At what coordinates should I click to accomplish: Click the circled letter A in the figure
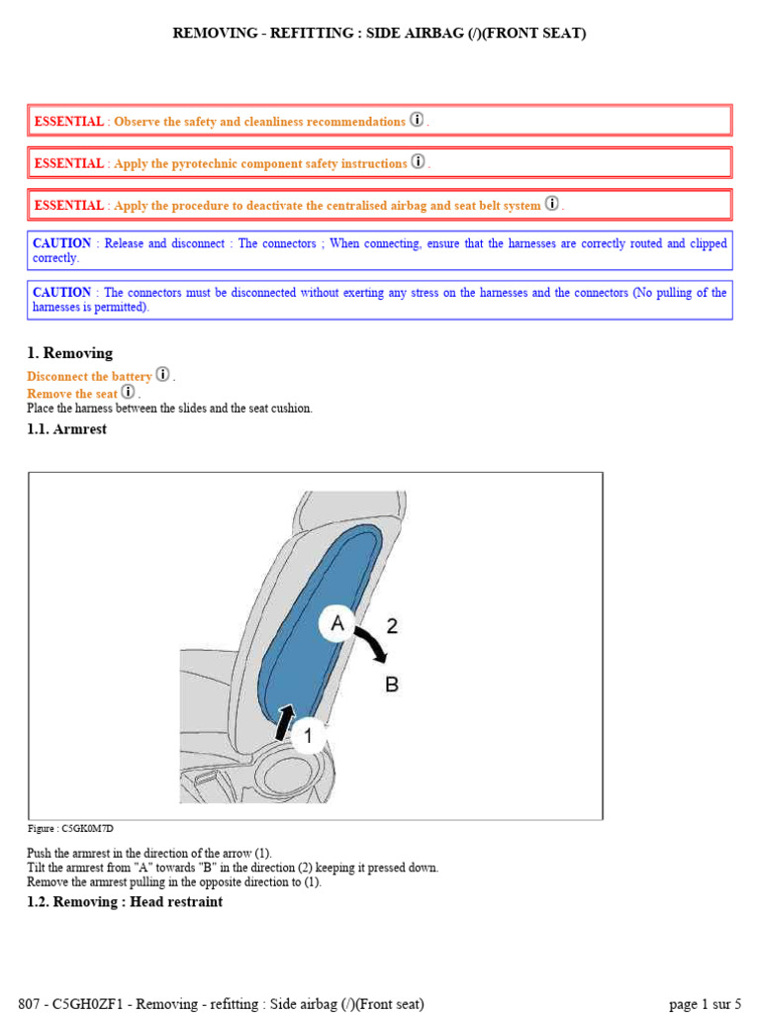(336, 623)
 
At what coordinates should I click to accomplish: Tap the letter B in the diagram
(392, 685)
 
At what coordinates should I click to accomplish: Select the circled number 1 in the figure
(308, 735)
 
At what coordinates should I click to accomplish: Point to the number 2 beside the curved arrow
(392, 625)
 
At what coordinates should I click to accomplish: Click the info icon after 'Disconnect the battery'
(162, 375)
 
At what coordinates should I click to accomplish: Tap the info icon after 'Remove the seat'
(128, 392)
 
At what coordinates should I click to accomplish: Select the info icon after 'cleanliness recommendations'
(417, 120)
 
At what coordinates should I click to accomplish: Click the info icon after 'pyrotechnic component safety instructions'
(418, 161)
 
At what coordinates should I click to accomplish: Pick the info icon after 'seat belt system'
(552, 204)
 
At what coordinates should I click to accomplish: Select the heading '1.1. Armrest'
(66, 429)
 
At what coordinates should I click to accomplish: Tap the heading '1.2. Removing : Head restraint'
(125, 901)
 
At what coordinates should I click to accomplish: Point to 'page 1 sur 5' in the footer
(705, 1003)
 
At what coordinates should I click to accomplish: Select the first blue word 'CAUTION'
(61, 243)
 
